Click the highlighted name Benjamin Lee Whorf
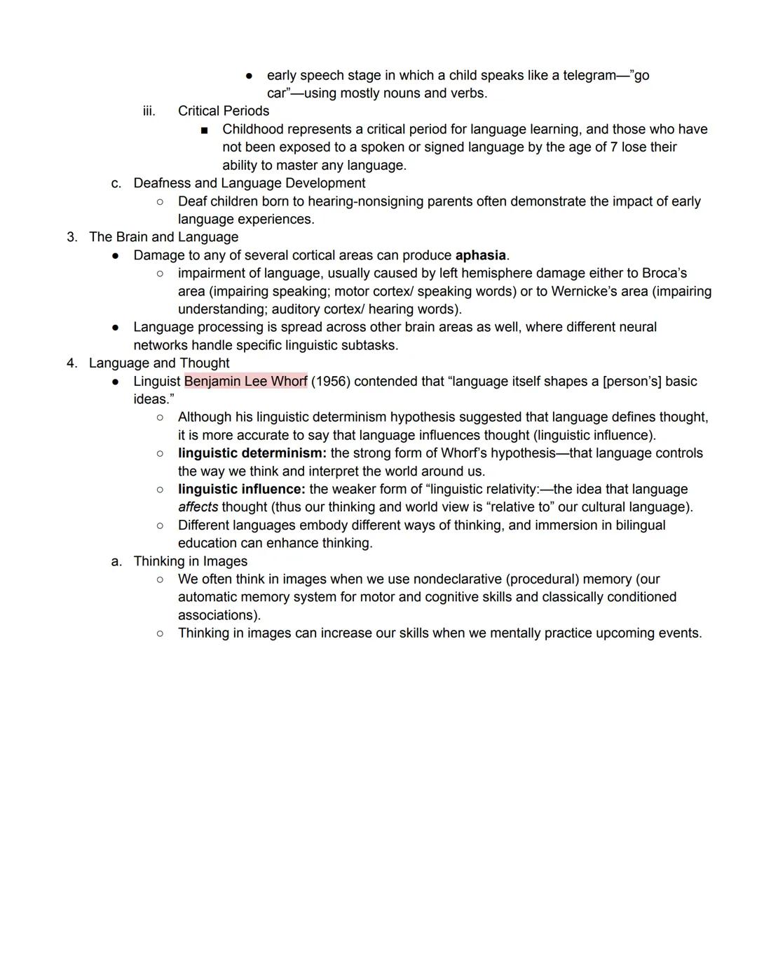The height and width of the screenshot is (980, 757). click(x=245, y=381)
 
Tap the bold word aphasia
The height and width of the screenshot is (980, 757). click(x=480, y=255)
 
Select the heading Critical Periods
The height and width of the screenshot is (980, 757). click(x=223, y=111)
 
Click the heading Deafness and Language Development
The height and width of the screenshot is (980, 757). click(x=249, y=183)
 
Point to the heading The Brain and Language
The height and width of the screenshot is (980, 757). click(x=163, y=237)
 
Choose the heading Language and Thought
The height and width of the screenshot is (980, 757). click(x=159, y=363)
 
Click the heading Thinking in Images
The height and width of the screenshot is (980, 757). click(x=190, y=561)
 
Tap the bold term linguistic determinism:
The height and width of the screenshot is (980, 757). click(x=252, y=453)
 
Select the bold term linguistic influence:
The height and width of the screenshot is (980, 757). click(x=241, y=489)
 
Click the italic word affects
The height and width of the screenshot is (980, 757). click(x=198, y=507)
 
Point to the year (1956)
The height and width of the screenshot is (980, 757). click(x=331, y=381)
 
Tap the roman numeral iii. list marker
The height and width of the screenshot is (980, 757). click(x=149, y=111)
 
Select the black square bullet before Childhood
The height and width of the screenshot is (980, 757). click(x=204, y=130)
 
